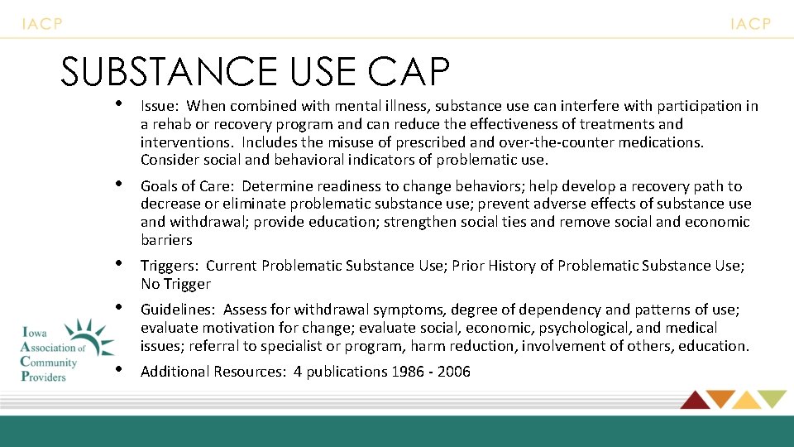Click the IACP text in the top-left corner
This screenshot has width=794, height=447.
[41, 24]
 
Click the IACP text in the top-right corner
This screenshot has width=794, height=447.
[750, 24]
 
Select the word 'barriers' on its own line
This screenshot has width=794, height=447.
[166, 240]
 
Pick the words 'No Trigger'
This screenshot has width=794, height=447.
[175, 284]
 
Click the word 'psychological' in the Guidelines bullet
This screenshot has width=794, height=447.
[586, 328]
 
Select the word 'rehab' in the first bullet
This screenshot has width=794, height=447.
[169, 124]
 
